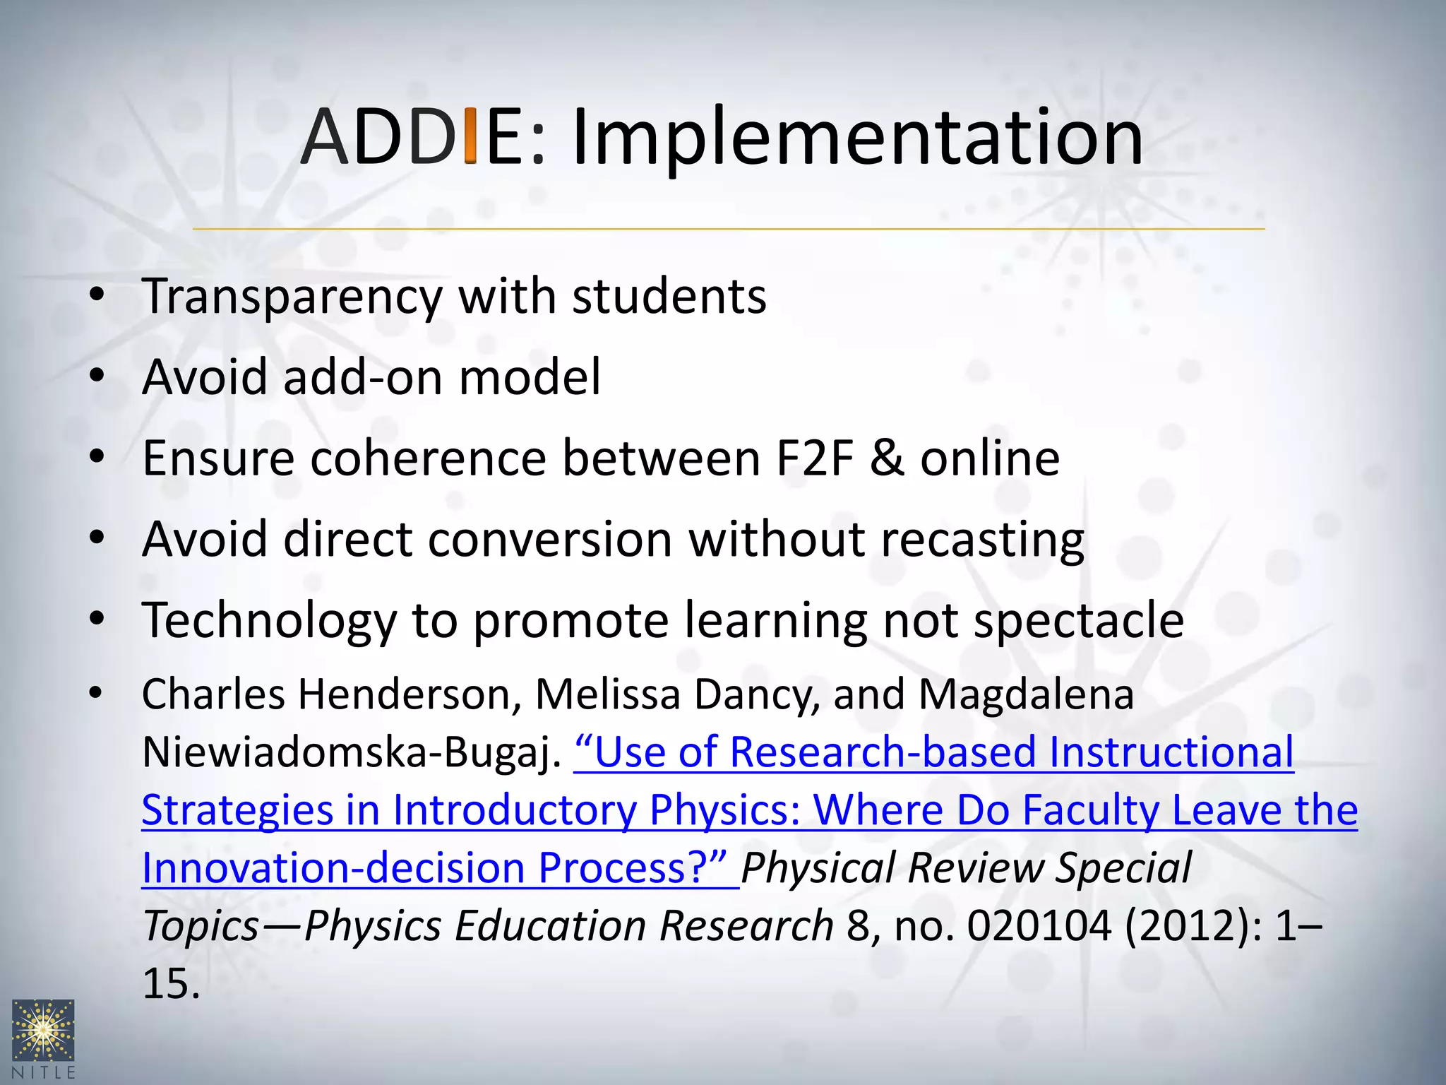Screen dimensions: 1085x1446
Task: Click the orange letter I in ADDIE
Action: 470,136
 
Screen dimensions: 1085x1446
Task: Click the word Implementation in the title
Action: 856,138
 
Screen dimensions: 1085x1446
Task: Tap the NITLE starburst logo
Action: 43,1031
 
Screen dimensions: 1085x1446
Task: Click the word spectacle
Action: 1079,621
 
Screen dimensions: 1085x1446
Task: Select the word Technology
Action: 270,621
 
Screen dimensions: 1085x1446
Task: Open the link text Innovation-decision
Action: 333,868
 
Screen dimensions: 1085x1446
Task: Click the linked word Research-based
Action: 883,752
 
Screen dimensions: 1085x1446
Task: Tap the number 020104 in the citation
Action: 1039,926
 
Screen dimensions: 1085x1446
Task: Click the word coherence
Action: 428,458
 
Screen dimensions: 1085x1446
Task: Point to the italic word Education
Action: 551,926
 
